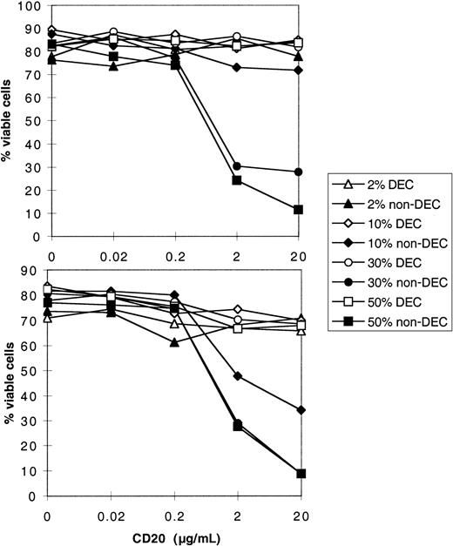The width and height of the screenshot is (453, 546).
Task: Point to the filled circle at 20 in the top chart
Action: pos(299,172)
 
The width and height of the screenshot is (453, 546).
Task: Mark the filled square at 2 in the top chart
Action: pos(237,180)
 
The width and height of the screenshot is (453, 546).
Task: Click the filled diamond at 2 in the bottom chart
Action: pos(237,376)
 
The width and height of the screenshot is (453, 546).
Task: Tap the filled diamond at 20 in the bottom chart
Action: pos(299,409)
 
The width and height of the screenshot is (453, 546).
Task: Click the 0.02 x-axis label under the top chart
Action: pos(113,250)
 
